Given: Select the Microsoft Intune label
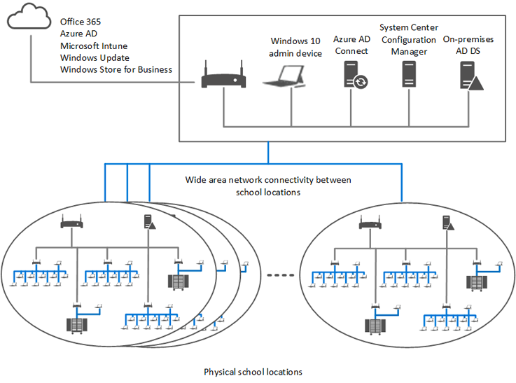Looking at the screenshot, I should (x=94, y=46).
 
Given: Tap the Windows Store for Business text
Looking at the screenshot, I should (x=116, y=69).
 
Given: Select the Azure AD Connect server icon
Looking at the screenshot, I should (x=355, y=74).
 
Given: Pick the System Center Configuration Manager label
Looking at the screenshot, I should (x=408, y=39).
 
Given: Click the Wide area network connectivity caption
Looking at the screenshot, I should (x=268, y=186).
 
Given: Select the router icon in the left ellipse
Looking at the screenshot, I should (x=71, y=223).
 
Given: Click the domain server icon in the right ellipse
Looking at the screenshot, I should (x=446, y=222).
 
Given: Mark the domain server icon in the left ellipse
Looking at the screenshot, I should (x=149, y=222).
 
